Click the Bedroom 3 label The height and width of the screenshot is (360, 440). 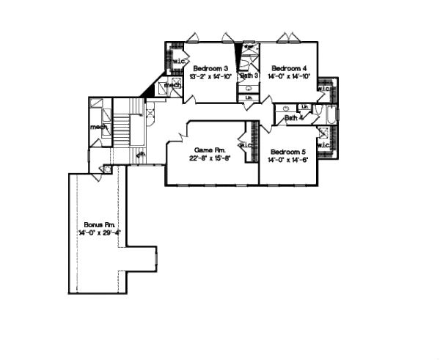pos(205,68)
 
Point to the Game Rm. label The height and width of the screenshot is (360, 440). pos(208,150)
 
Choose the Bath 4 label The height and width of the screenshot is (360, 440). pos(293,117)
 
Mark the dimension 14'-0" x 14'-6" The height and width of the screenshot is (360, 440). pos(287,159)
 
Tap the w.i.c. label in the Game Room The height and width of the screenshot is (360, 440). pos(246,144)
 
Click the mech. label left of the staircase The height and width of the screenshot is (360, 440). pos(99,127)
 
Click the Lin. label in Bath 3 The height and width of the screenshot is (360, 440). pos(249,97)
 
